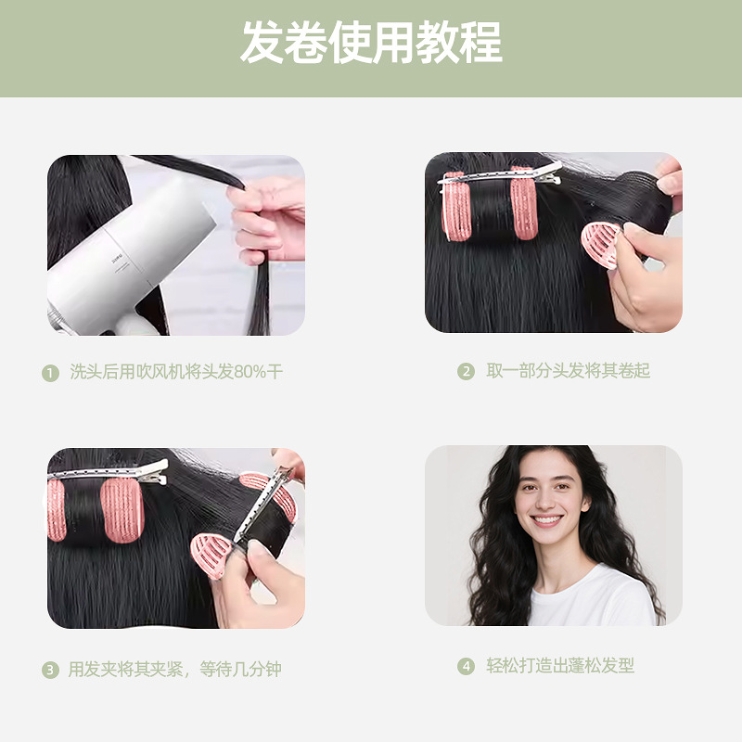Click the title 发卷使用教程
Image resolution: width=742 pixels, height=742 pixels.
click(x=372, y=42)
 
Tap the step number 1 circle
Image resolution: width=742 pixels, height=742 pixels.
click(x=51, y=373)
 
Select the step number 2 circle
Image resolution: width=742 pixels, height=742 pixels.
click(x=466, y=372)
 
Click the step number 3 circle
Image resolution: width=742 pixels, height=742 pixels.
click(x=51, y=670)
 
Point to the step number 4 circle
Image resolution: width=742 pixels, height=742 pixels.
click(x=466, y=666)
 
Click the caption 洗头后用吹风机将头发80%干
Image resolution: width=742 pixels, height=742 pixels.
click(x=176, y=372)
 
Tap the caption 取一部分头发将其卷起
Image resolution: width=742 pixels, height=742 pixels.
click(x=569, y=370)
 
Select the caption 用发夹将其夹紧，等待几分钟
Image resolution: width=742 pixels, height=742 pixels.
click(x=175, y=669)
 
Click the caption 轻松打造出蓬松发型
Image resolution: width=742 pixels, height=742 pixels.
click(x=560, y=665)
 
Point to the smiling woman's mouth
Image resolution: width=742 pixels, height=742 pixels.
click(x=547, y=520)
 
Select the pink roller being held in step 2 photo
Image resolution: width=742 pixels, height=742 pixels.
click(x=601, y=245)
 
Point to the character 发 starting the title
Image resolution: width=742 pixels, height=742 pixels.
click(x=262, y=42)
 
